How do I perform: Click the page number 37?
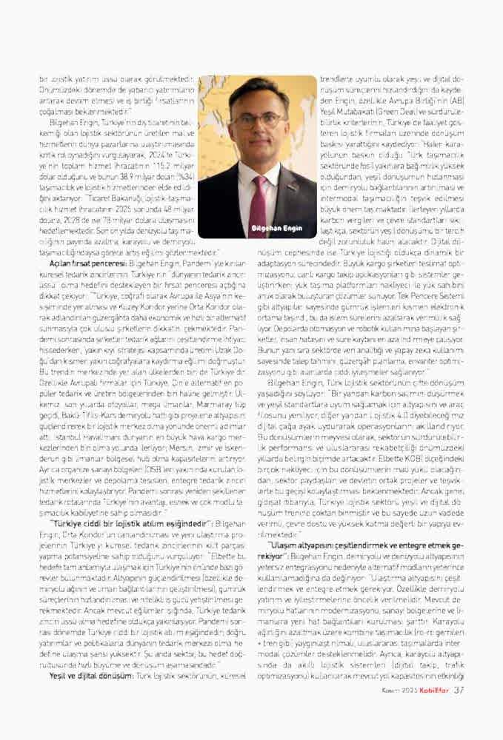(x=459, y=711)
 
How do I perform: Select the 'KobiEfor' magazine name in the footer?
(x=433, y=712)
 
